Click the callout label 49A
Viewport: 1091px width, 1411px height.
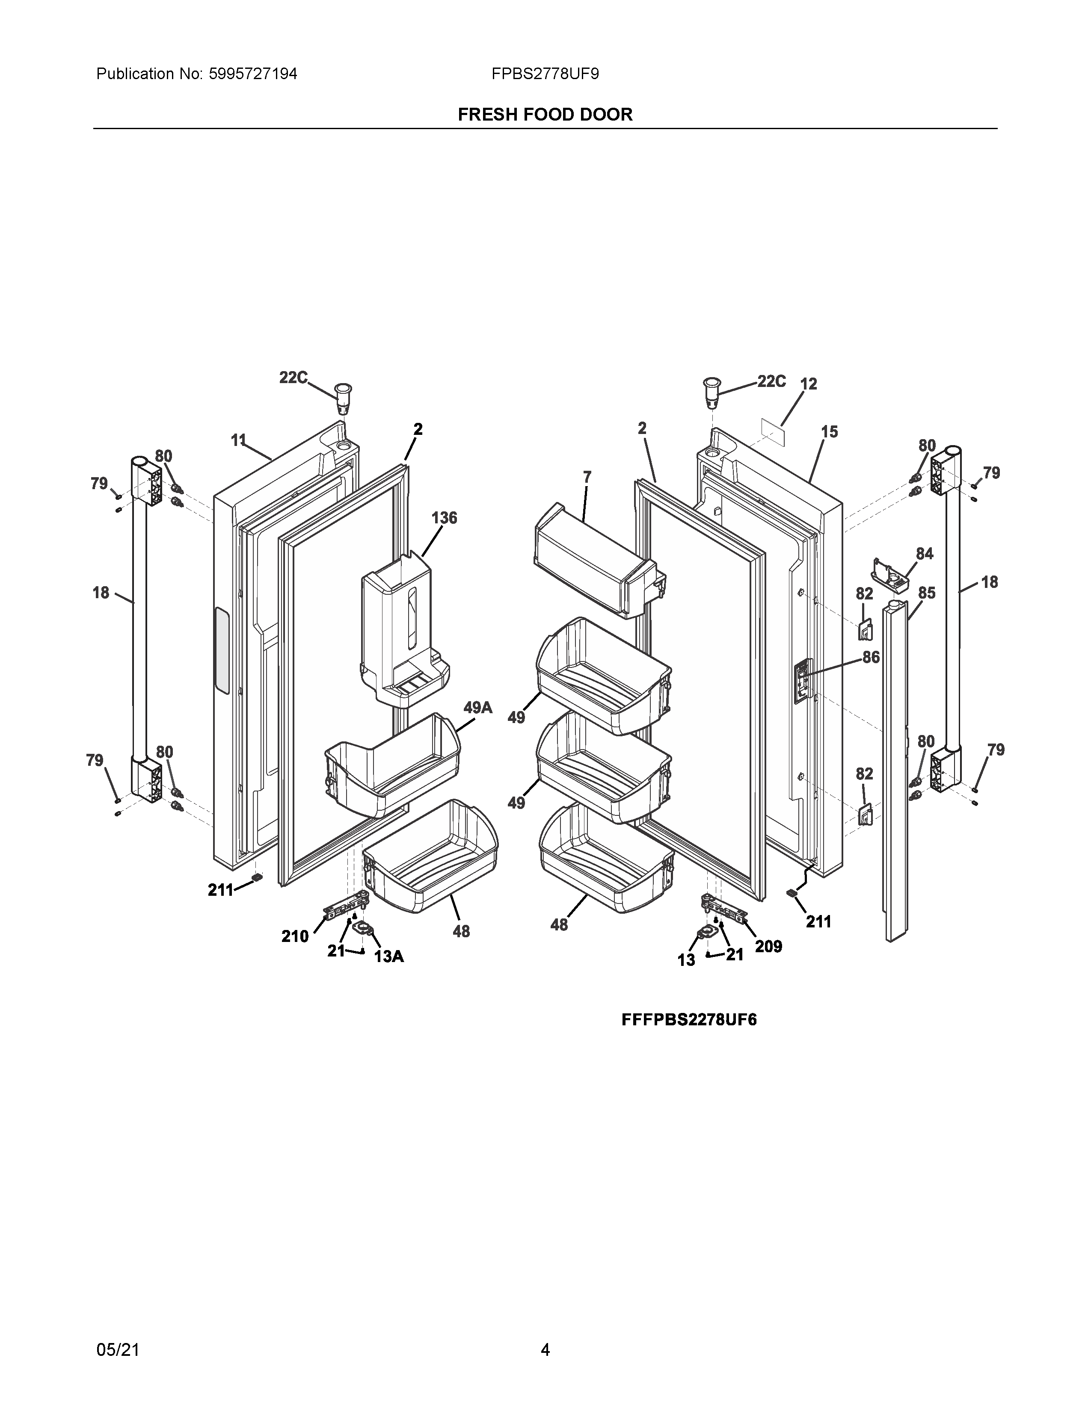click(477, 708)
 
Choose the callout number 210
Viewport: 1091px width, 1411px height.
click(295, 936)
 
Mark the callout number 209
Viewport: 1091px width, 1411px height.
click(768, 947)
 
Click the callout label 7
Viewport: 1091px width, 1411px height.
click(587, 478)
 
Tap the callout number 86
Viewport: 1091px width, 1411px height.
click(871, 657)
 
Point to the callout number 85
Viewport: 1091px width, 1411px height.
click(926, 593)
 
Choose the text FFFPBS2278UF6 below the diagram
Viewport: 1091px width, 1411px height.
click(689, 1019)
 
